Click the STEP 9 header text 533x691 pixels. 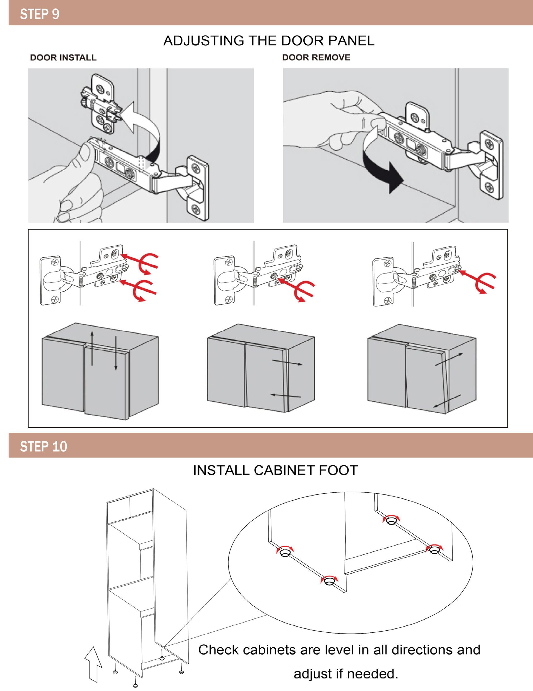click(40, 14)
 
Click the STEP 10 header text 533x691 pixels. click(43, 446)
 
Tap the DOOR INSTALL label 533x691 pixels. click(63, 58)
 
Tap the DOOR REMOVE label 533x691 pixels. click(316, 58)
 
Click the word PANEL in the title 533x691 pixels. click(351, 41)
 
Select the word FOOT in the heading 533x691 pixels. click(338, 470)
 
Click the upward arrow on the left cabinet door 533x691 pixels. click(92, 348)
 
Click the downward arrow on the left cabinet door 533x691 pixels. click(116, 353)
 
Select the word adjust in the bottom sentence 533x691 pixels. click(313, 674)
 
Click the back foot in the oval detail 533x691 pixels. click(391, 521)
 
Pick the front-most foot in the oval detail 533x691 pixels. click(329, 580)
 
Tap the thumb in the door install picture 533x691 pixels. click(86, 152)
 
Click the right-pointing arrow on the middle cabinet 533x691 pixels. click(287, 363)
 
